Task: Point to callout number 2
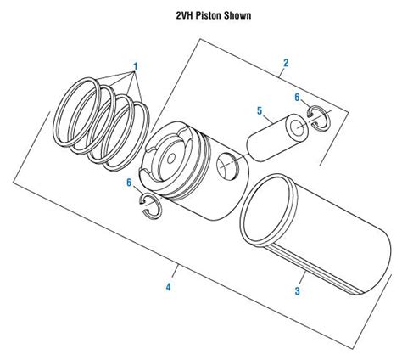point(286,63)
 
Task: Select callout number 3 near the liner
point(298,292)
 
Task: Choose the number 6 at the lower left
point(129,183)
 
